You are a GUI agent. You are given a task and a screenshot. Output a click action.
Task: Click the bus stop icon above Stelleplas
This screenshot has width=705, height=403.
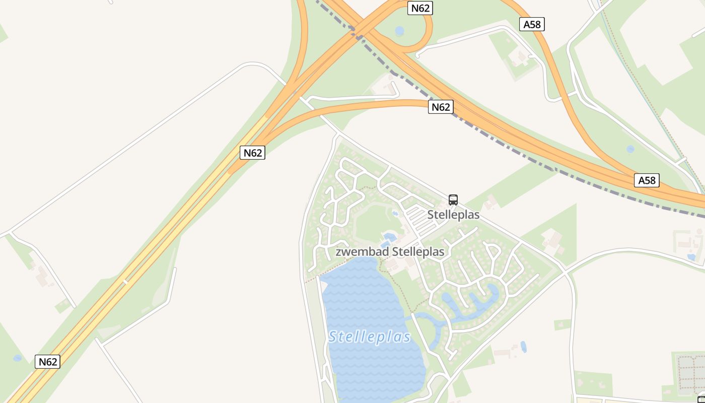(453, 199)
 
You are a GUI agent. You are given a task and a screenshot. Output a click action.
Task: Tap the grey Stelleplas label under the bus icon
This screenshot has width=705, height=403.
(453, 215)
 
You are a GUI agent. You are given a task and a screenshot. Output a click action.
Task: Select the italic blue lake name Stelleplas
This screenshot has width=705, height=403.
(370, 337)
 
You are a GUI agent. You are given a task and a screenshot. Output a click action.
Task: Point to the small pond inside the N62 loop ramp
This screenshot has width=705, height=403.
(399, 31)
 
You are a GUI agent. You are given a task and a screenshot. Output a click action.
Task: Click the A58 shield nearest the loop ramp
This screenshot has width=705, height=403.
(532, 24)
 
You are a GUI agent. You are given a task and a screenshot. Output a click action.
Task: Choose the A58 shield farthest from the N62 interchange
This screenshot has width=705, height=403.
(647, 180)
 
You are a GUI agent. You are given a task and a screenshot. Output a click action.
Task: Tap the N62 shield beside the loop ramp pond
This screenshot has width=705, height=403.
(420, 8)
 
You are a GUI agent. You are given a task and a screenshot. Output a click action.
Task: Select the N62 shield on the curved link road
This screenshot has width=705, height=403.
(441, 107)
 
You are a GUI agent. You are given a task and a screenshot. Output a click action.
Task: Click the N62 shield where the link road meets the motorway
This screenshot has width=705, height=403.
(252, 153)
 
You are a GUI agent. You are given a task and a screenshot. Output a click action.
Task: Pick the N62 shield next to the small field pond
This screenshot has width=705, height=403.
(48, 361)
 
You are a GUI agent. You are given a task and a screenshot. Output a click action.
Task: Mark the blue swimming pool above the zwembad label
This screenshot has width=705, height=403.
(389, 237)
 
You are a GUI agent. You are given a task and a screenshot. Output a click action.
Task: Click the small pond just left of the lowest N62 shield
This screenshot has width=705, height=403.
(18, 358)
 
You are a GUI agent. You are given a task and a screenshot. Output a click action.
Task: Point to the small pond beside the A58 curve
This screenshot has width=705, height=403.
(630, 149)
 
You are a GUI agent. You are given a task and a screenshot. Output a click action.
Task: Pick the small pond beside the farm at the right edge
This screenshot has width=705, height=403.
(691, 257)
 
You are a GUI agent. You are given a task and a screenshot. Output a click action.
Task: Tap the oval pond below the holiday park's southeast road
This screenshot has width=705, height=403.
(524, 347)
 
